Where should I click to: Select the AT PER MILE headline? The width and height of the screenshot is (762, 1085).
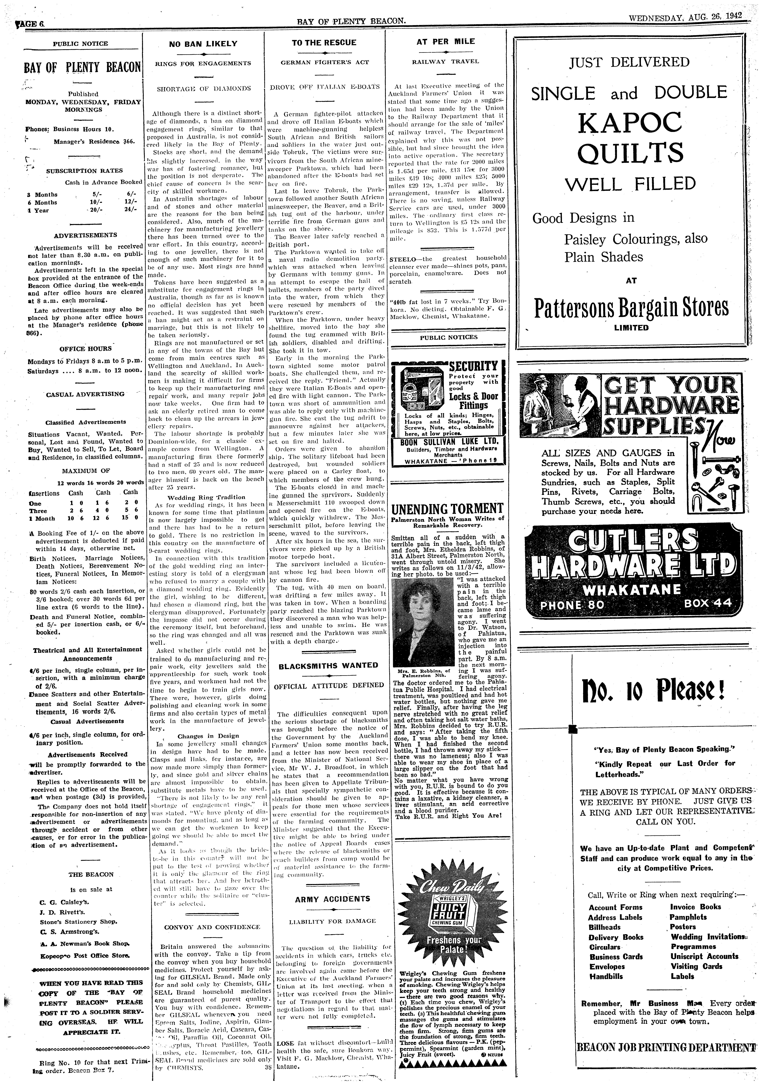445,42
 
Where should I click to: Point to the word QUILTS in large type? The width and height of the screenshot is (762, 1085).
630,153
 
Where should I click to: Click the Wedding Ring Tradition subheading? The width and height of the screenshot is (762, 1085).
206,497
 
